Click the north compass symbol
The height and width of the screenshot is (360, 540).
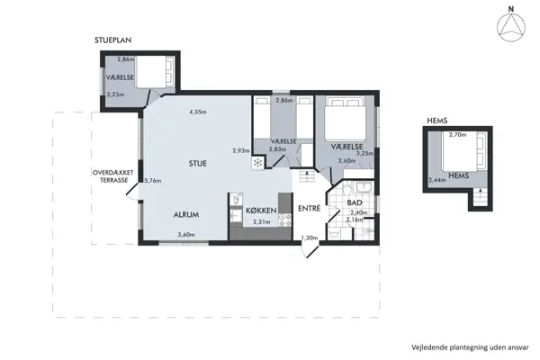[x=511, y=26]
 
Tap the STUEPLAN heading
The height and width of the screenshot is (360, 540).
[x=113, y=40]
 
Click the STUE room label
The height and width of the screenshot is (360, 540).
[x=198, y=163]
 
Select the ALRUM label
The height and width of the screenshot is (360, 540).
[x=186, y=214]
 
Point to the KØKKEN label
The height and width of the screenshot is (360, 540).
[x=261, y=210]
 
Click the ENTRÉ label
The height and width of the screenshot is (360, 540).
[x=310, y=208]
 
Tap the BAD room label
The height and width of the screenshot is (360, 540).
[x=355, y=202]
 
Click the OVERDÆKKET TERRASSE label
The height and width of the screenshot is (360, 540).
[x=113, y=176]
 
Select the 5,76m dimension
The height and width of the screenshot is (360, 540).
[x=153, y=181]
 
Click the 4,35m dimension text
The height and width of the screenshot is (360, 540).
[x=198, y=112]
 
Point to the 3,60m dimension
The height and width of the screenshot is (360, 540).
[x=186, y=235]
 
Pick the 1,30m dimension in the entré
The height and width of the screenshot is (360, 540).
[x=310, y=238]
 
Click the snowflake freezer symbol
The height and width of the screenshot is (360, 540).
[x=257, y=163]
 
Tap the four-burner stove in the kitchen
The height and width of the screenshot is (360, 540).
[x=284, y=220]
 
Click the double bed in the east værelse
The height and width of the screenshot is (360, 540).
[x=346, y=118]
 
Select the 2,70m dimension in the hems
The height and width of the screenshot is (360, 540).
[x=457, y=135]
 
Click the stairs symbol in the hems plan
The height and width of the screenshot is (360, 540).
[x=479, y=197]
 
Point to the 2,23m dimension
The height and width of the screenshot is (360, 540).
[x=115, y=94]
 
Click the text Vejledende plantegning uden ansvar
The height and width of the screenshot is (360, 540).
[x=470, y=347]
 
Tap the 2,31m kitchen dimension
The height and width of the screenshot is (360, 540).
[x=262, y=222]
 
